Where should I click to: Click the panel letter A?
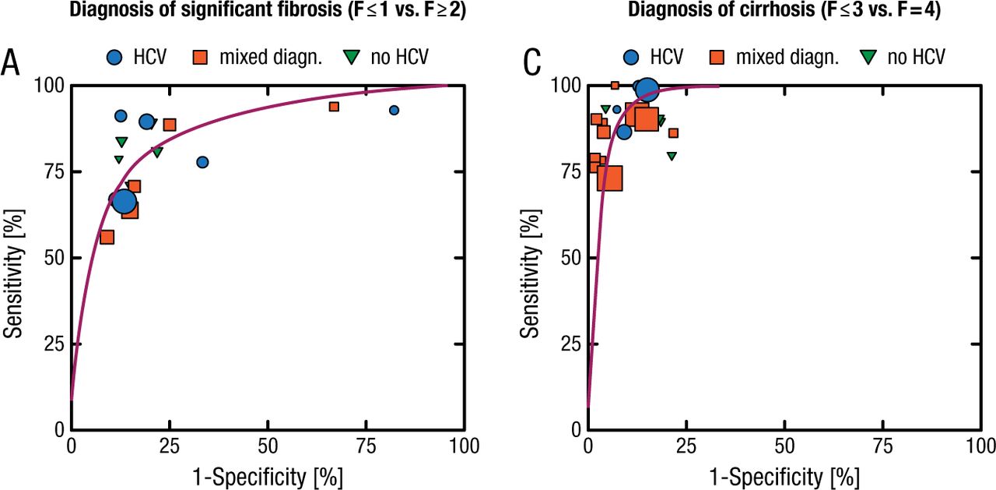click(11, 63)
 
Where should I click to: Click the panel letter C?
click(532, 63)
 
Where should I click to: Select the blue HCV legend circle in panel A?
click(116, 57)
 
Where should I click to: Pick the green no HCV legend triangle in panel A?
click(352, 57)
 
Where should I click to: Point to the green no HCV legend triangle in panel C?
click(868, 57)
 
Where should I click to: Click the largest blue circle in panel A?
click(124, 202)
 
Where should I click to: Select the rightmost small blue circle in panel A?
click(394, 111)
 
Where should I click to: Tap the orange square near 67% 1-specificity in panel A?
click(334, 107)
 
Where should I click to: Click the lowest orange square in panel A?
click(107, 237)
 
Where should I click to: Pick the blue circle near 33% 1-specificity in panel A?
click(202, 162)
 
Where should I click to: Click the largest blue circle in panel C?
click(647, 90)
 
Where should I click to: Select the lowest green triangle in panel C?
click(672, 156)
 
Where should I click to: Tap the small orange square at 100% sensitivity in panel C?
click(615, 86)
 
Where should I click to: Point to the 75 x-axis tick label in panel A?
click(366, 446)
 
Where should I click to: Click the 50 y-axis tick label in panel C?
click(568, 258)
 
